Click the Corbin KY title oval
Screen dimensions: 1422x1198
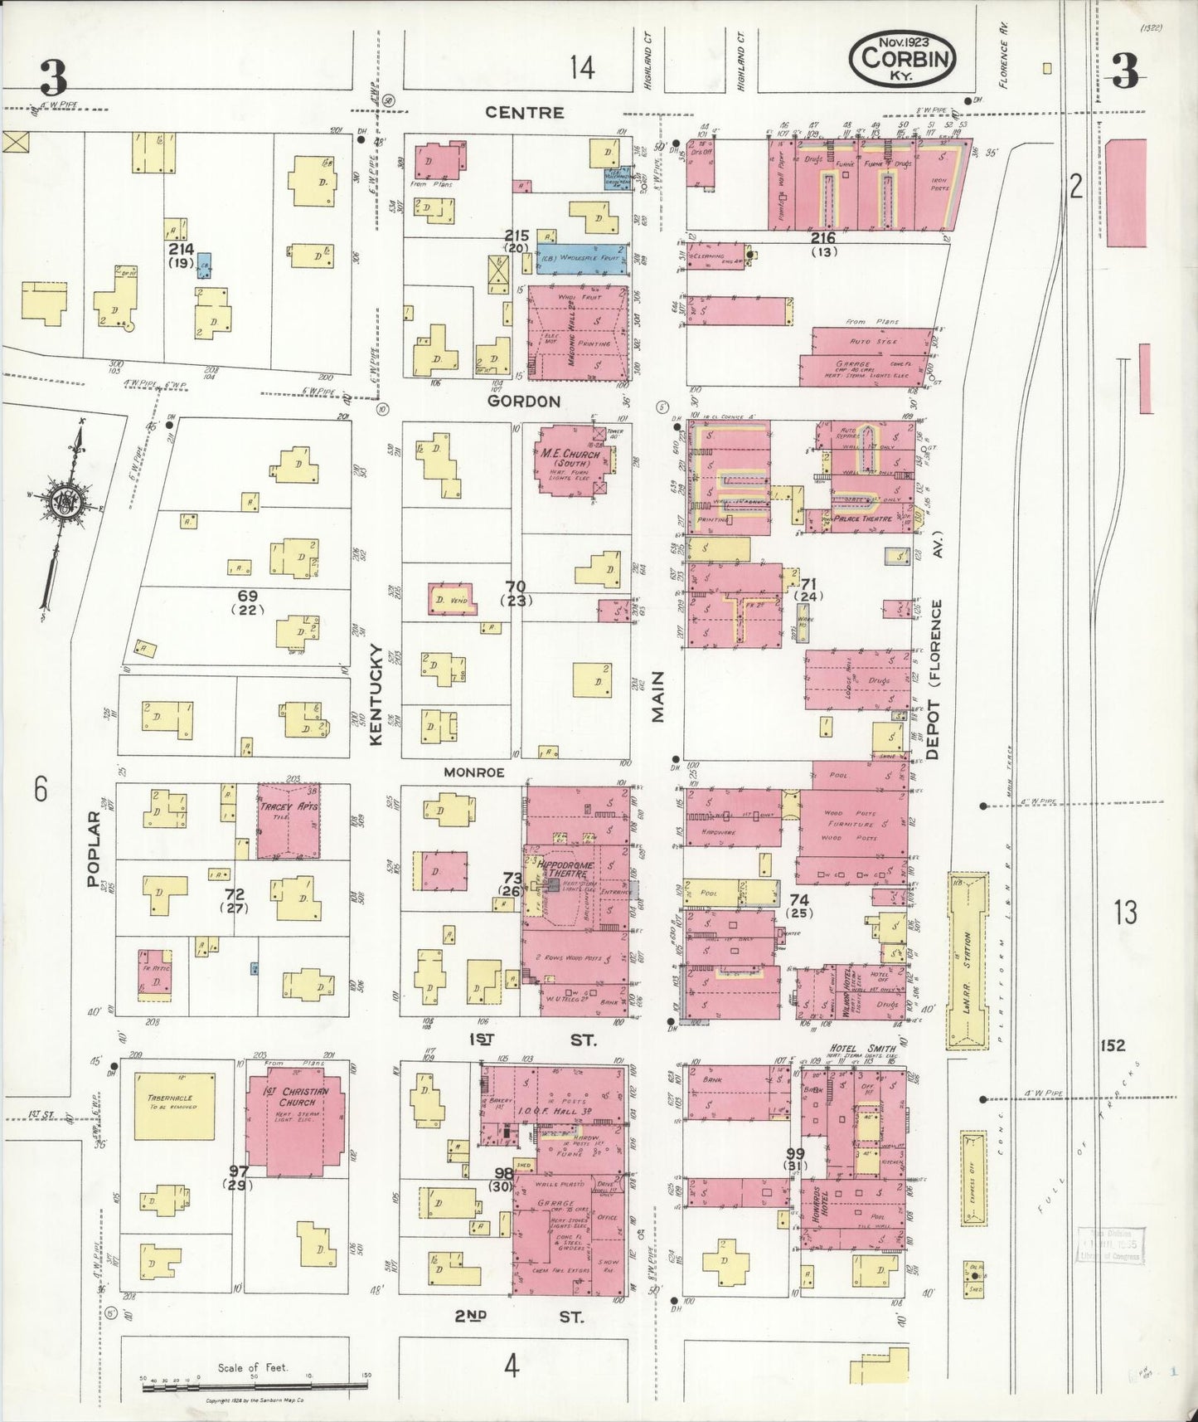click(903, 59)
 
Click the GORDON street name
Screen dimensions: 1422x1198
click(524, 402)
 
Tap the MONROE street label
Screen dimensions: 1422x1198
click(473, 772)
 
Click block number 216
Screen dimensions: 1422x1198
click(823, 238)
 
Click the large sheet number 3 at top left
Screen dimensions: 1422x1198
click(54, 79)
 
